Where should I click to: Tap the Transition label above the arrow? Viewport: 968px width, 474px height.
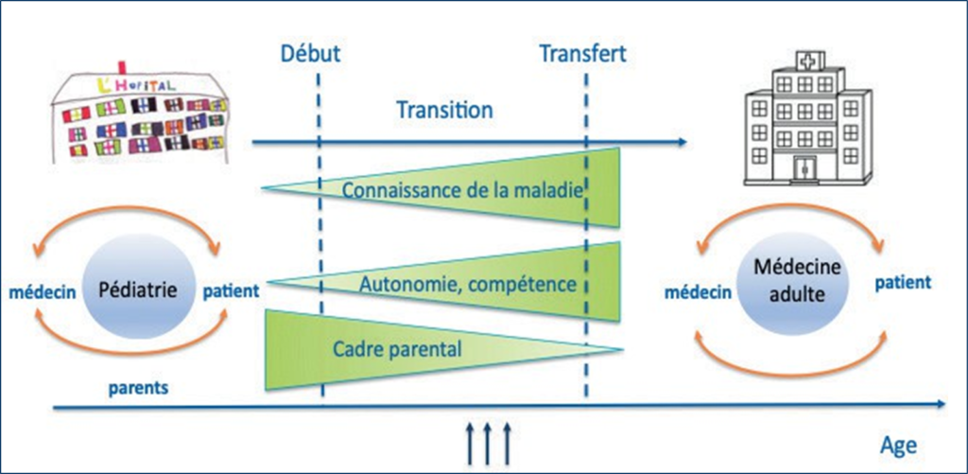pyautogui.click(x=444, y=110)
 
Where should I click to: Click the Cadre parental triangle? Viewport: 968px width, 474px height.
pyautogui.click(x=397, y=348)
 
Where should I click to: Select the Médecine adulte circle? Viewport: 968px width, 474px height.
pyautogui.click(x=790, y=284)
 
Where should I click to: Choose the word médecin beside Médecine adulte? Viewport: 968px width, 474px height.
pyautogui.click(x=701, y=292)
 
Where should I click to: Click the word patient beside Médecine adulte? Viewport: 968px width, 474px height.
pyautogui.click(x=903, y=282)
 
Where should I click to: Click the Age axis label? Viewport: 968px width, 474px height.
pyautogui.click(x=898, y=445)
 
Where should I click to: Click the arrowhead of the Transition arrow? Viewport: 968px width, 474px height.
pyautogui.click(x=683, y=143)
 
